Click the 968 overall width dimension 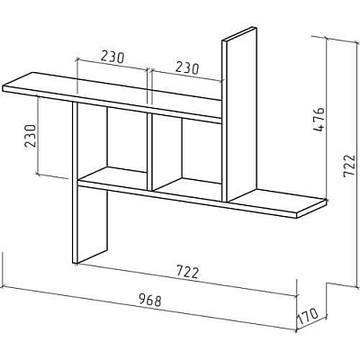click(150, 301)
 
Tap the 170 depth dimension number click(308, 316)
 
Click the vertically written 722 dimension click(348, 166)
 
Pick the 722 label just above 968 click(187, 272)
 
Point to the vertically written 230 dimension click(31, 136)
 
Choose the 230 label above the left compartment click(112, 57)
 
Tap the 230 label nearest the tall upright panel click(187, 67)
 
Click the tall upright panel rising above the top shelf click(239, 114)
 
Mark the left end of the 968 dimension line click(3, 287)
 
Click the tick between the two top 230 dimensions click(148, 71)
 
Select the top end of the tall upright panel click(239, 33)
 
